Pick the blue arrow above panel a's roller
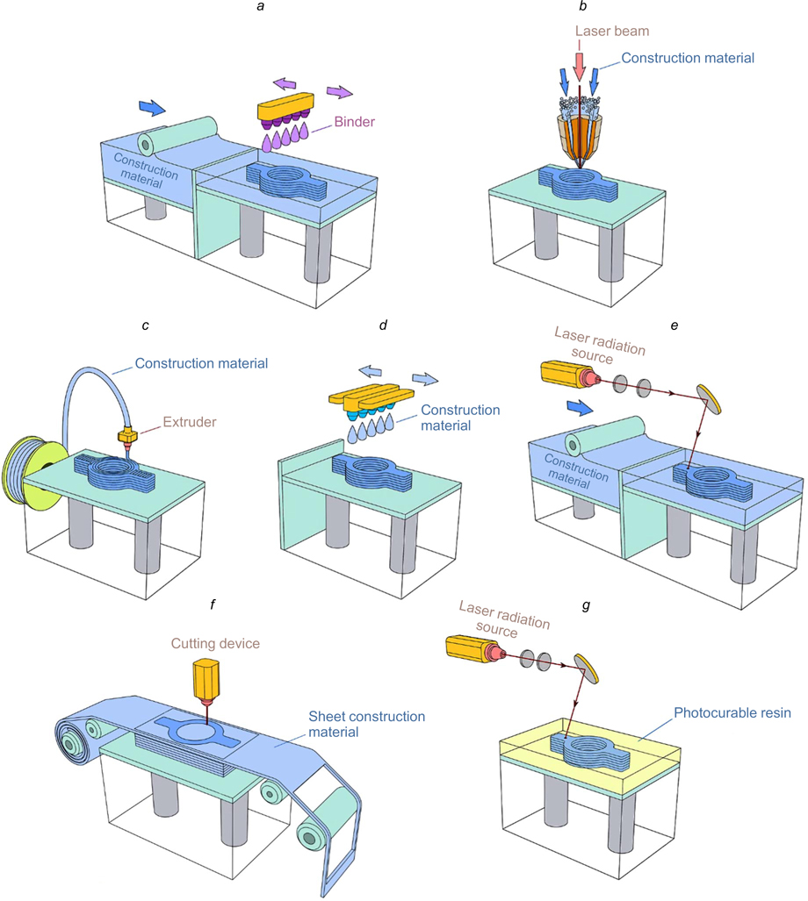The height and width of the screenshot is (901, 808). pyautogui.click(x=152, y=107)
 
